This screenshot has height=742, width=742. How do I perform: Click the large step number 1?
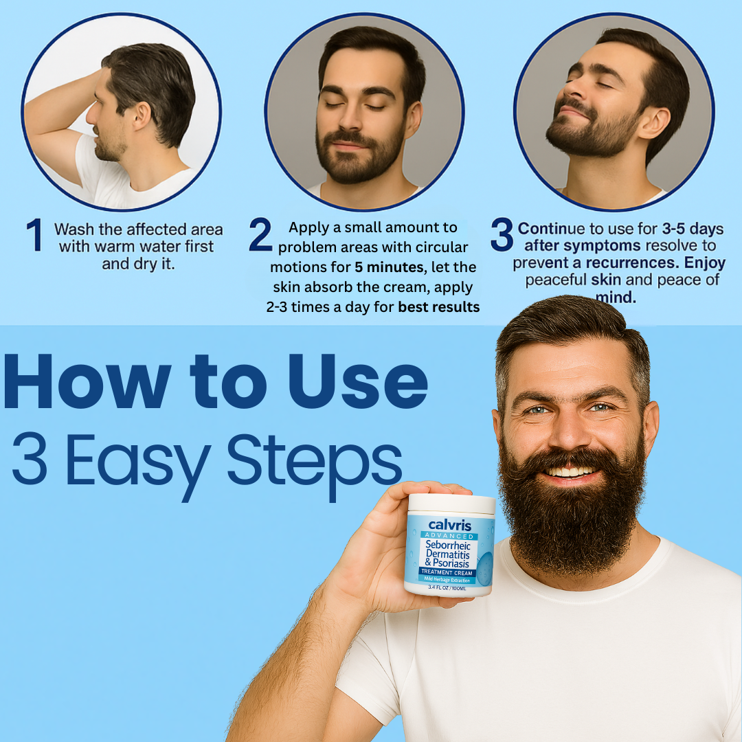coord(34,236)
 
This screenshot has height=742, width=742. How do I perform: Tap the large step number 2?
coord(260,235)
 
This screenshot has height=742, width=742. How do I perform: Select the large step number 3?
coord(502,235)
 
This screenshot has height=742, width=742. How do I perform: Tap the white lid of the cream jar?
coord(451,504)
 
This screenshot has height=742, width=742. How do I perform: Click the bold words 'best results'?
coord(438,307)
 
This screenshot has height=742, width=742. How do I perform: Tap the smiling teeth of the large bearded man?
coord(570,472)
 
